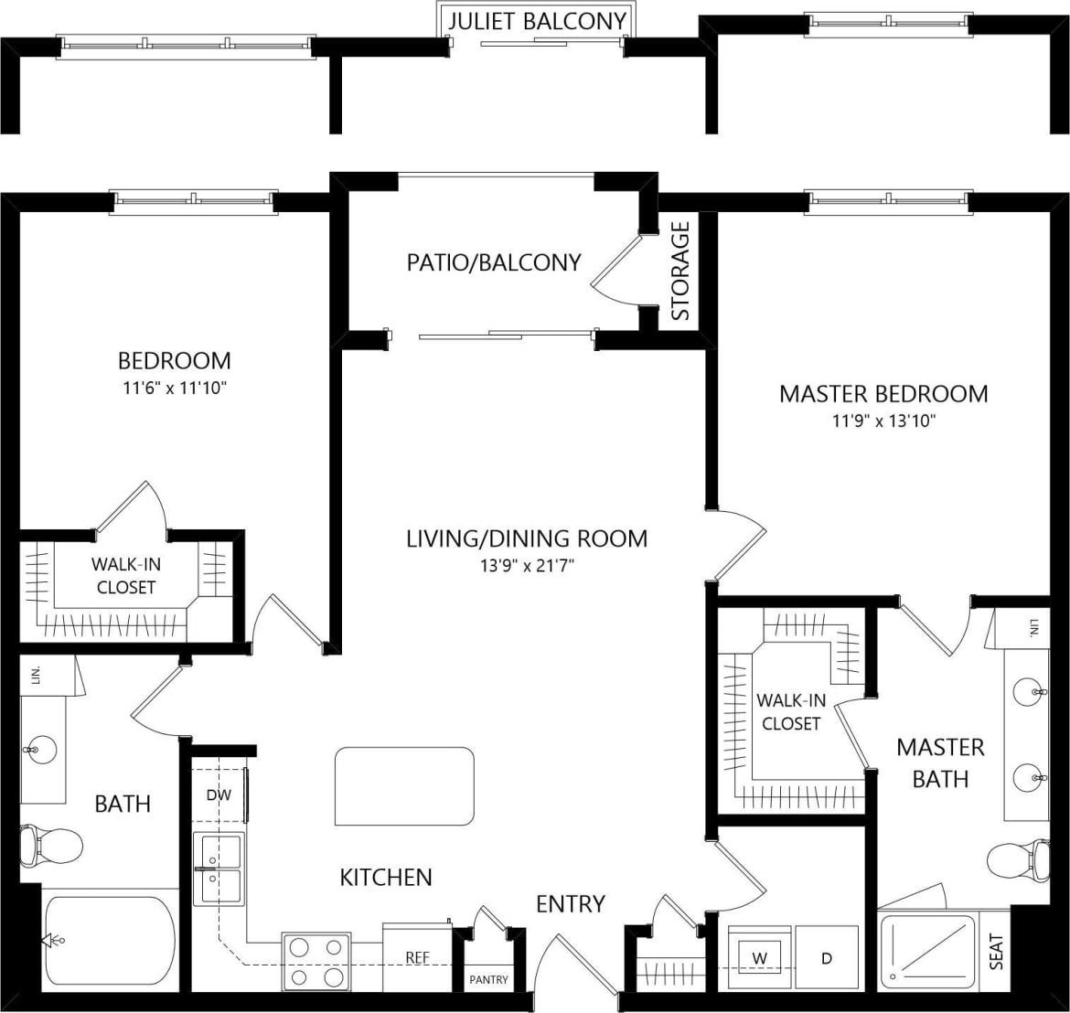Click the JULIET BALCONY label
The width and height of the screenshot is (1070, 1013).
(536, 21)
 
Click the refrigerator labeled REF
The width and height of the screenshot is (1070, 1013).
(418, 957)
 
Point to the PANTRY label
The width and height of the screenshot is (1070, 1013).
(488, 979)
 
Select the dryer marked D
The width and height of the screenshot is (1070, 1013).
(827, 958)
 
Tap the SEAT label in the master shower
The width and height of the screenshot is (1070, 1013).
(996, 951)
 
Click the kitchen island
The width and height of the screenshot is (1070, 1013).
(405, 785)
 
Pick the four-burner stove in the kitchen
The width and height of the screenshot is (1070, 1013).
(316, 961)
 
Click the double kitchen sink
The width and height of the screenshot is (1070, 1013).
(219, 868)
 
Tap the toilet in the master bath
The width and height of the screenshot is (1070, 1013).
(1018, 859)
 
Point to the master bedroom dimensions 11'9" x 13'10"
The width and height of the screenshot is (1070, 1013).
(883, 421)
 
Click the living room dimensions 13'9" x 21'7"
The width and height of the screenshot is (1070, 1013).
(526, 565)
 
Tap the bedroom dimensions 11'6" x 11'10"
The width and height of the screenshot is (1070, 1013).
(174, 388)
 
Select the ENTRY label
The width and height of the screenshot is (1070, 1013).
(570, 903)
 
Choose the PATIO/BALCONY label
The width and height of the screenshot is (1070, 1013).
(494, 262)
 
